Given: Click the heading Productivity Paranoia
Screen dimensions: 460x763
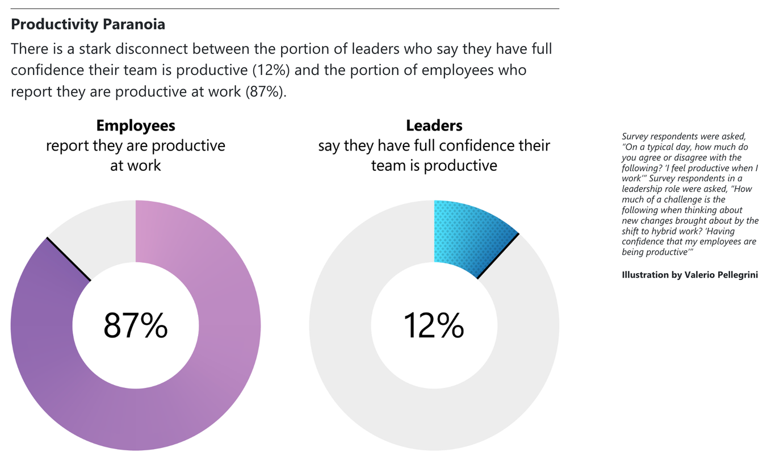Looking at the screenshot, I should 88,24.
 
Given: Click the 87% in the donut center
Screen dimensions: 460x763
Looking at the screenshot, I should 135,325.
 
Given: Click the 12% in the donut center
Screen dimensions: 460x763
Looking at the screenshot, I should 434,325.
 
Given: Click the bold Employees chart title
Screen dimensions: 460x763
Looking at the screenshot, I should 135,126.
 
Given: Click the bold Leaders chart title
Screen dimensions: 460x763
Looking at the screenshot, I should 434,126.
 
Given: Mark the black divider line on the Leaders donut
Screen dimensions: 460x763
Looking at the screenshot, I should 498,256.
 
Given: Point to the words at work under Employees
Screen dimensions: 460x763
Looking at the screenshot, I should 135,165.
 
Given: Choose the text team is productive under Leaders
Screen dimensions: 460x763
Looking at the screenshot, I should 434,165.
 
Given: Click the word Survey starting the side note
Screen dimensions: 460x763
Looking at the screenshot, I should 635,136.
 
